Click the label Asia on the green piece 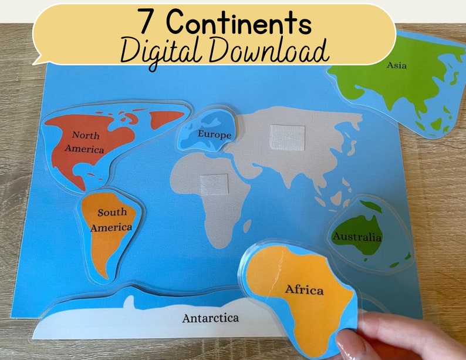click(x=396, y=65)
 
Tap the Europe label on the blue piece click(x=214, y=134)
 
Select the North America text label click(x=85, y=142)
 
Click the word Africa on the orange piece click(x=304, y=290)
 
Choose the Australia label click(x=357, y=237)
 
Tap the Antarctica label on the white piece click(x=210, y=318)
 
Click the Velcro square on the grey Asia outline click(x=287, y=137)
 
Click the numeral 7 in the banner click(x=148, y=23)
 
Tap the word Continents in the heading click(x=238, y=23)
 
